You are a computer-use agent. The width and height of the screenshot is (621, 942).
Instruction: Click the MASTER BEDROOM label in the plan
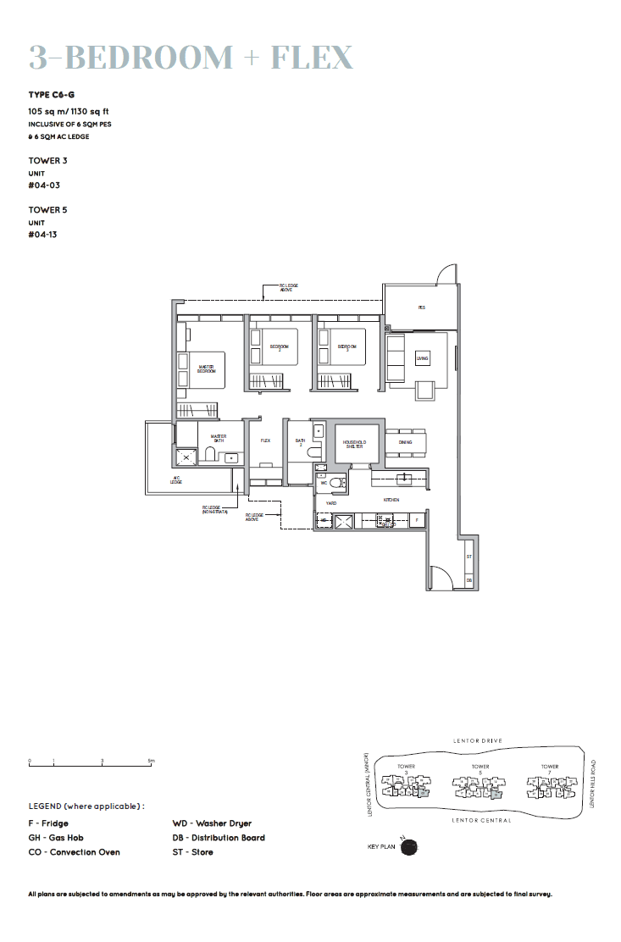click(x=206, y=369)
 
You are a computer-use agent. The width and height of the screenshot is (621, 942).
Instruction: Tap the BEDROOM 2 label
click(x=280, y=347)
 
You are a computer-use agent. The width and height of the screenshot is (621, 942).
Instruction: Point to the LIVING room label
click(x=422, y=359)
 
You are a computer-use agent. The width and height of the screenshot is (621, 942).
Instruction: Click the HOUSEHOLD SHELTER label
click(x=353, y=444)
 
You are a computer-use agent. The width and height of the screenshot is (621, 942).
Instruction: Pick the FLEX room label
click(x=265, y=441)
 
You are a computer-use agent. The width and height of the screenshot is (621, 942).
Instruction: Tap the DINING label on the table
click(x=405, y=442)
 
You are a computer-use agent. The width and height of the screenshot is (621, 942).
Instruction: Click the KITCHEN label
click(x=391, y=501)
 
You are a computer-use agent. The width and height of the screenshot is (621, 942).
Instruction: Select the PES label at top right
click(x=421, y=308)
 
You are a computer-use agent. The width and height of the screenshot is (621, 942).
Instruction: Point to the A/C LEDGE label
click(x=176, y=480)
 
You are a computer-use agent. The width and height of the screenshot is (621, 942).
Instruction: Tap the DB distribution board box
click(x=469, y=580)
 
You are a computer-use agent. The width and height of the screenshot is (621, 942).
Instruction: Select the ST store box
click(x=469, y=557)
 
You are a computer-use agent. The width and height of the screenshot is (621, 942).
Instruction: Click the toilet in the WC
click(x=336, y=484)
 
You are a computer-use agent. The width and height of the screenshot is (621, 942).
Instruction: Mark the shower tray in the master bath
click(x=186, y=457)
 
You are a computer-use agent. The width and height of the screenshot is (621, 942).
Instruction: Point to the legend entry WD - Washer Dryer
click(x=212, y=823)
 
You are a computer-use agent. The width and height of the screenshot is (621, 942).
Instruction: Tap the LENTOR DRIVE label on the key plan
click(x=478, y=741)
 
